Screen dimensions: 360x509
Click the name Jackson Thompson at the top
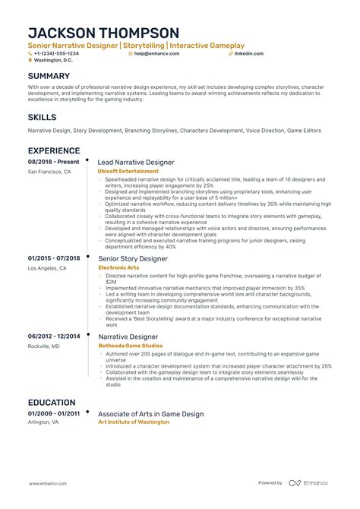coord(103,33)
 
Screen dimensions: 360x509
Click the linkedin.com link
coord(249,54)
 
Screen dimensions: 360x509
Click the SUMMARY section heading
coord(49,77)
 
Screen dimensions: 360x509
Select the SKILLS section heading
coord(42,117)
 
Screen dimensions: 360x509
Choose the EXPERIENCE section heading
coord(54,151)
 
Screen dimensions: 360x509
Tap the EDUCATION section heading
coord(52,403)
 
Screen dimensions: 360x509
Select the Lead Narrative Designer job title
coord(137,163)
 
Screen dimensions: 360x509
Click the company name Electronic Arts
coord(119,268)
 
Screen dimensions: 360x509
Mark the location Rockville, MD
coord(44,346)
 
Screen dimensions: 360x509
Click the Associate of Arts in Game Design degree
coord(151,414)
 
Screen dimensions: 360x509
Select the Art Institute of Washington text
coord(134,422)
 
